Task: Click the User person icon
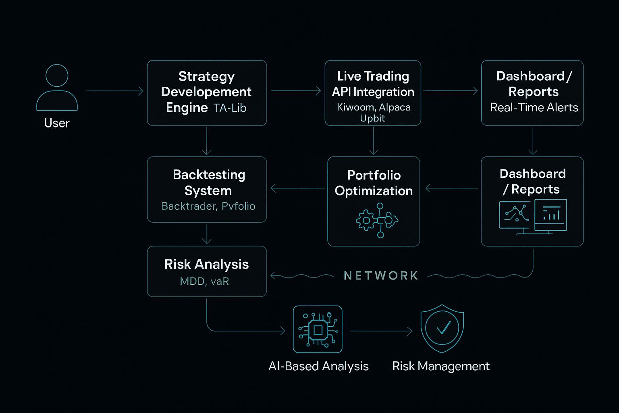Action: coord(57,88)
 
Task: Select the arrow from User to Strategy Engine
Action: coord(114,91)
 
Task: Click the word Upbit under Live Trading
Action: coord(372,118)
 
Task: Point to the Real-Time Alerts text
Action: coord(534,107)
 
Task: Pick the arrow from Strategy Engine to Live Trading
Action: coord(295,91)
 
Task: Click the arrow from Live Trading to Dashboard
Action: coord(450,91)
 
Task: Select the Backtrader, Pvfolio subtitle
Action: coord(208,206)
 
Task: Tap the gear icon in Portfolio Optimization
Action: coord(366,221)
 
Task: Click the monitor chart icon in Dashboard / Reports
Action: coord(533,216)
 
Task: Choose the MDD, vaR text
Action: coord(204,281)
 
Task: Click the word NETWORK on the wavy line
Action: coord(381,275)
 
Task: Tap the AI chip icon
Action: coord(318,330)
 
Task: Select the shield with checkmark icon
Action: coord(442,328)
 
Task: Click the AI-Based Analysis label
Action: coord(318,366)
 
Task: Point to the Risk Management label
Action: coord(441,366)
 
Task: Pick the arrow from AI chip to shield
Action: coord(381,331)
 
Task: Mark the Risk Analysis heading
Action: coord(206,264)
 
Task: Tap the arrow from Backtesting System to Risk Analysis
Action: coord(207,234)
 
